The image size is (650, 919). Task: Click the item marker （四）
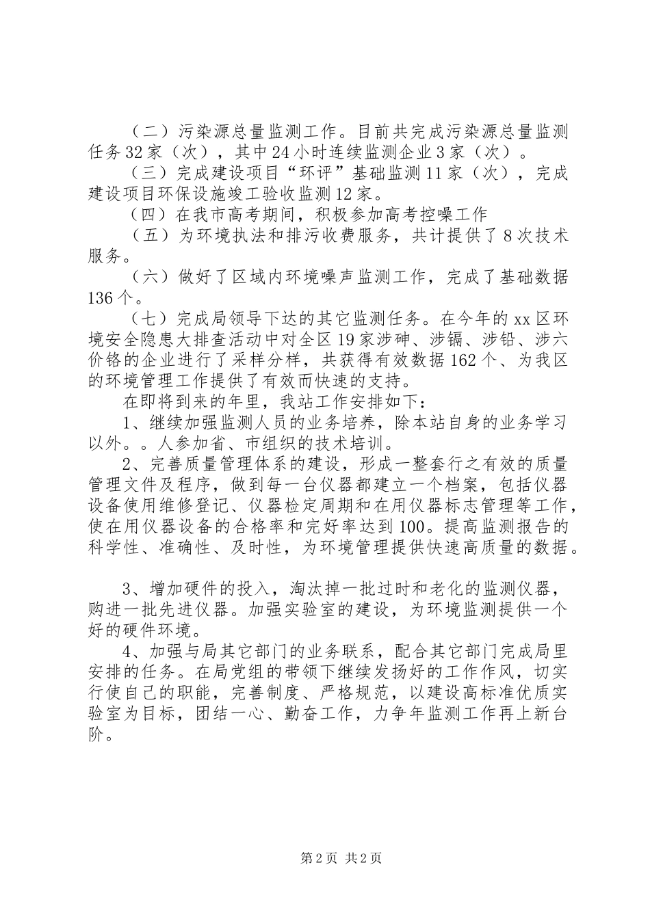point(152,215)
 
